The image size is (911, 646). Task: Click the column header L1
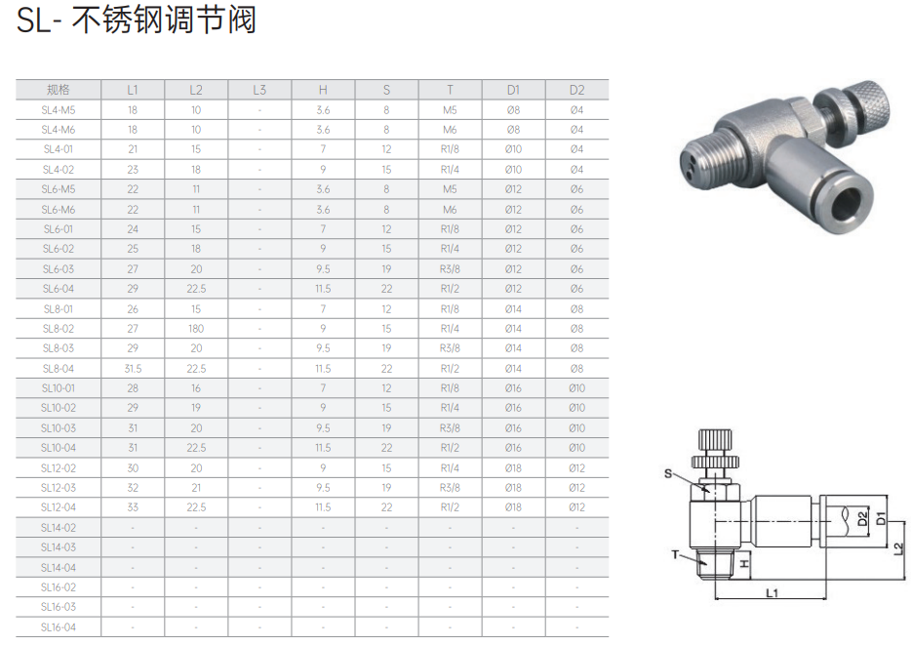click(x=133, y=90)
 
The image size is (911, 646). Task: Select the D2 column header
click(x=576, y=90)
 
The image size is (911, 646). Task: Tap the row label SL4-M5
click(x=59, y=110)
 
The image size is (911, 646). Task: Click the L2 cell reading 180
click(x=196, y=329)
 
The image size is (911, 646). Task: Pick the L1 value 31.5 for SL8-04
click(x=133, y=369)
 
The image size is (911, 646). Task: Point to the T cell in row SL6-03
click(x=450, y=269)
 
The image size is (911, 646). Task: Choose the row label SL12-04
click(x=59, y=507)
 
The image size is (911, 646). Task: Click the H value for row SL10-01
click(x=323, y=387)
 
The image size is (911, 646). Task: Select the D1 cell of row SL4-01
click(x=513, y=149)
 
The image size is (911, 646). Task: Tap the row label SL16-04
click(x=59, y=626)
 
